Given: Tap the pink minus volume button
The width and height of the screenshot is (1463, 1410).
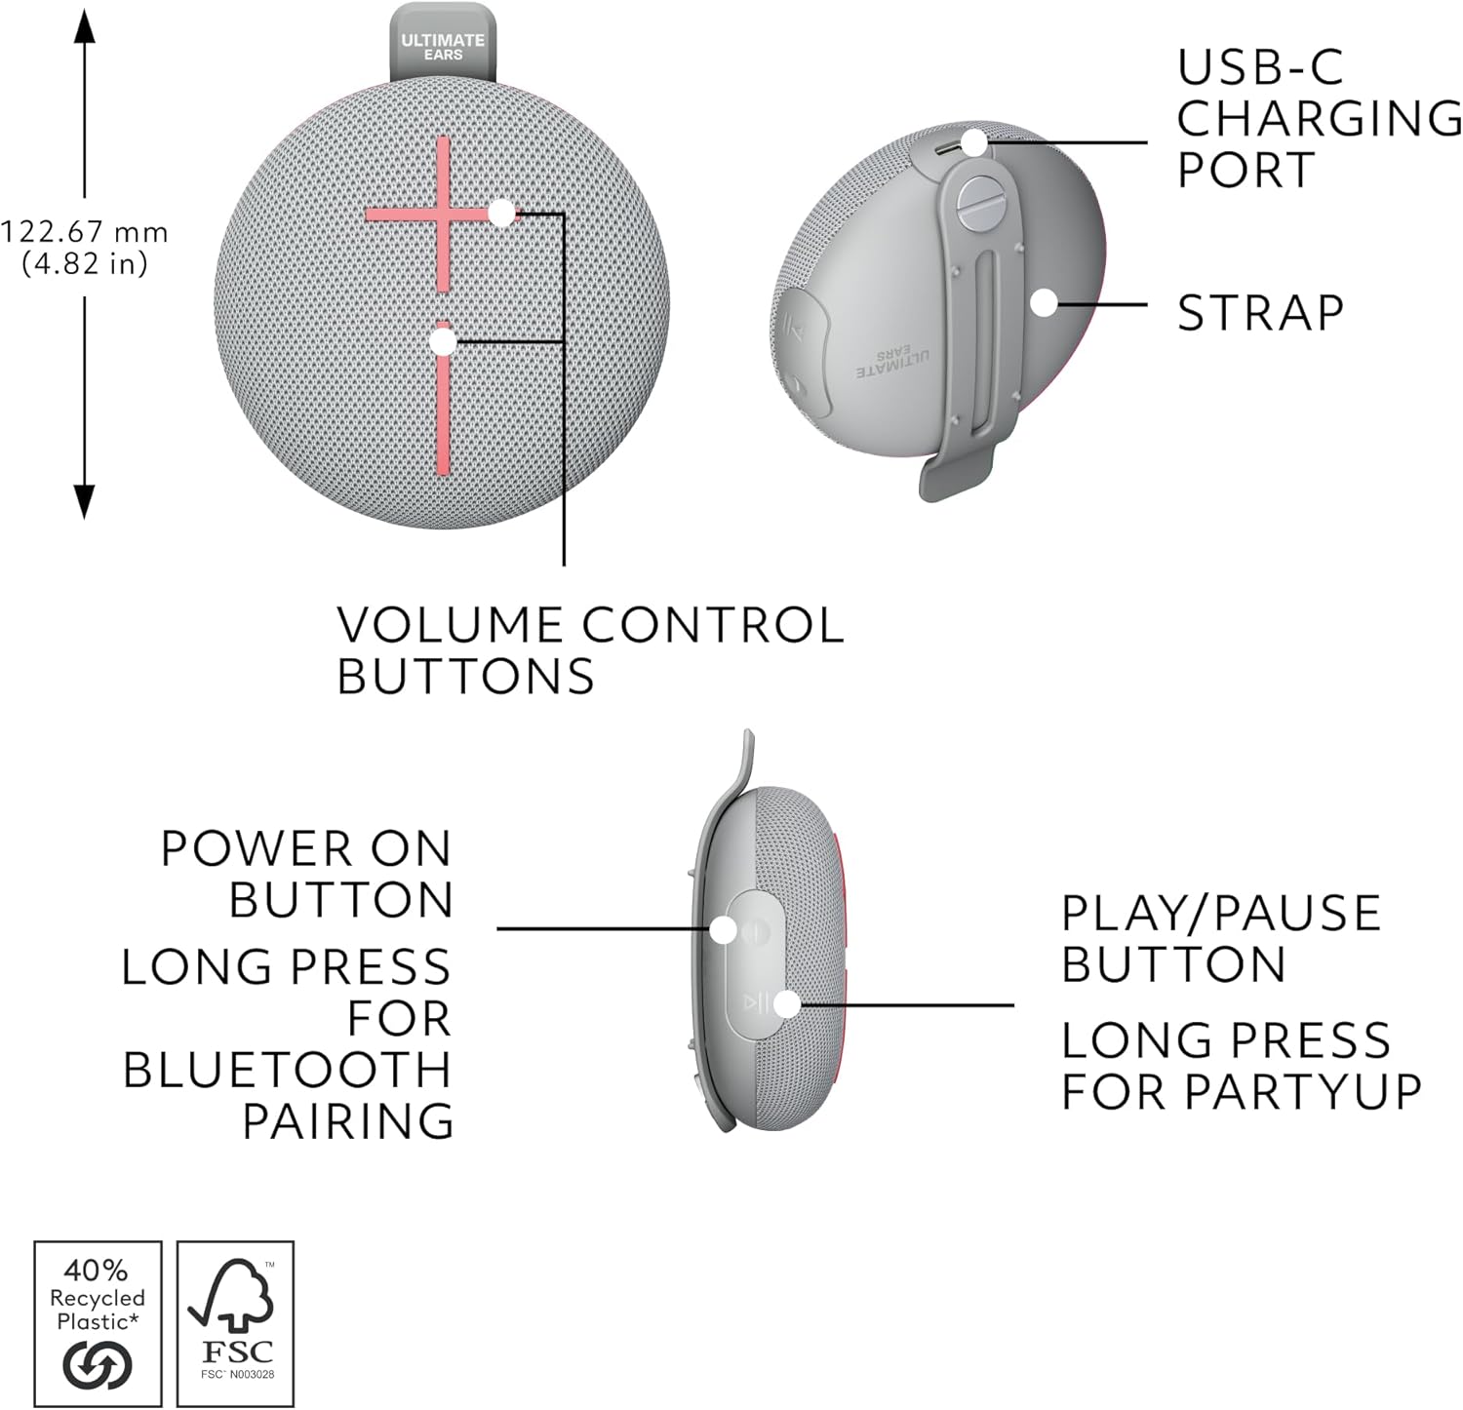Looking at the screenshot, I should pos(443,400).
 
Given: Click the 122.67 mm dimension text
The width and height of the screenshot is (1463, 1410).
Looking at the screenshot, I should pos(84,232).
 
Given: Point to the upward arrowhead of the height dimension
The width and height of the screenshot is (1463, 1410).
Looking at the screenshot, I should pos(85,26).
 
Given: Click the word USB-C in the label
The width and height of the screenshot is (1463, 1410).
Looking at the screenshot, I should pos(1260,67).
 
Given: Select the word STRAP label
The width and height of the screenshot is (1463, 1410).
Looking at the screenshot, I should pos(1260,313).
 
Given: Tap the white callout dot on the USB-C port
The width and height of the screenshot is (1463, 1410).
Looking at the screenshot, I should pos(973,142).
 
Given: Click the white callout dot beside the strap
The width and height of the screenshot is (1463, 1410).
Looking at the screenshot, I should pos(1044,302).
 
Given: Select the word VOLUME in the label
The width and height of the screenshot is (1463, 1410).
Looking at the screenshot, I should pos(450,625).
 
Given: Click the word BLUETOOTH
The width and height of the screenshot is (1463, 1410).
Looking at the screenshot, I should pos(287,1070).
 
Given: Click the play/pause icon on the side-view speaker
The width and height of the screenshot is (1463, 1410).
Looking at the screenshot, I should pos(756,1002).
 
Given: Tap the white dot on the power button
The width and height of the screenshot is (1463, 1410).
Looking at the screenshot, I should pos(723,929).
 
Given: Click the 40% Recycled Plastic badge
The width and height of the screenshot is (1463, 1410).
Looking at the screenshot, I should pos(98,1323).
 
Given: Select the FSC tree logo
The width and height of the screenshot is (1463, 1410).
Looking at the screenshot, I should pos(235,1297).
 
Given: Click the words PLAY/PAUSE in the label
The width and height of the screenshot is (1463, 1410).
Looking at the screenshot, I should pos(1220,914).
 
